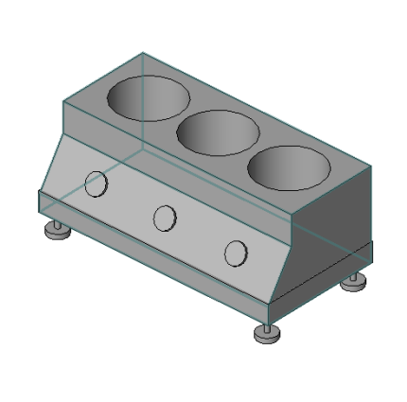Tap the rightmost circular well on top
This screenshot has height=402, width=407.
289,168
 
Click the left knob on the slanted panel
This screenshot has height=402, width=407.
97,184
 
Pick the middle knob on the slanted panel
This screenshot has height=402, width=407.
165,218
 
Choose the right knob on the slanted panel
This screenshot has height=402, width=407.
235,253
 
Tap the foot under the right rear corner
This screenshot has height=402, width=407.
354,282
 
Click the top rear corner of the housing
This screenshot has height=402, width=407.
143,53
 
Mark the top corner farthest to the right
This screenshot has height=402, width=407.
370,168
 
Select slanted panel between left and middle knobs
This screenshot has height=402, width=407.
131,201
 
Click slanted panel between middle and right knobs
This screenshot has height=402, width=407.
200,236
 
